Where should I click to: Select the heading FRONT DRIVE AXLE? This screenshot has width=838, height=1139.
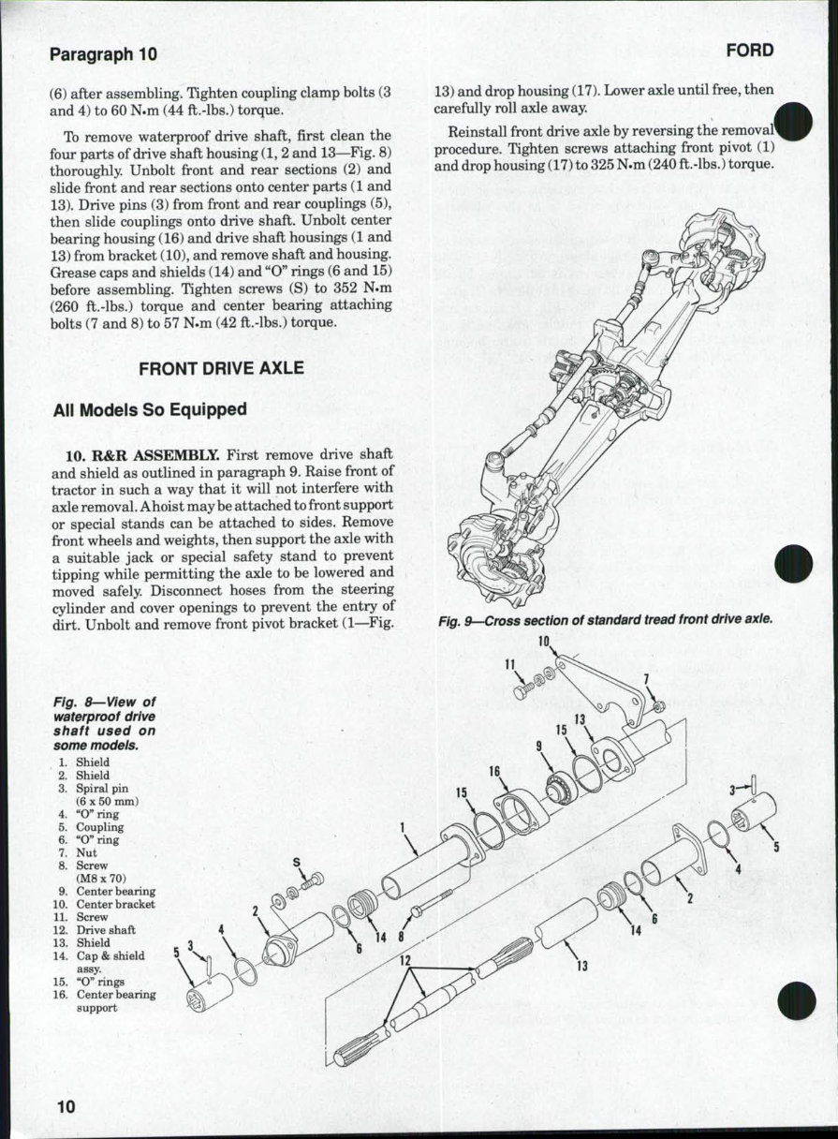pos(221,368)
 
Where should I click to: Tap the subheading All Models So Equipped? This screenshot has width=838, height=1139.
pos(150,409)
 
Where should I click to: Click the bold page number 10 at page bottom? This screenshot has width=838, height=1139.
pos(64,1106)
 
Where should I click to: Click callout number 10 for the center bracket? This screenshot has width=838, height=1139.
pos(544,642)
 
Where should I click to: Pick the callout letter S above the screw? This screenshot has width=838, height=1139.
pos(297,862)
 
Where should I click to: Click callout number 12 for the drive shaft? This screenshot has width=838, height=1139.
pos(405,961)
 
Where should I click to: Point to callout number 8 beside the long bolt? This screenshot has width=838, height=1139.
pos(401,935)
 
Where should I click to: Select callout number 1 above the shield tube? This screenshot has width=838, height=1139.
pos(401,827)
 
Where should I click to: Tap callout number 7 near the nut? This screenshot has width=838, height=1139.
pos(646,678)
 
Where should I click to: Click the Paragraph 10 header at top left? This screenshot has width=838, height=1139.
pos(103,54)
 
